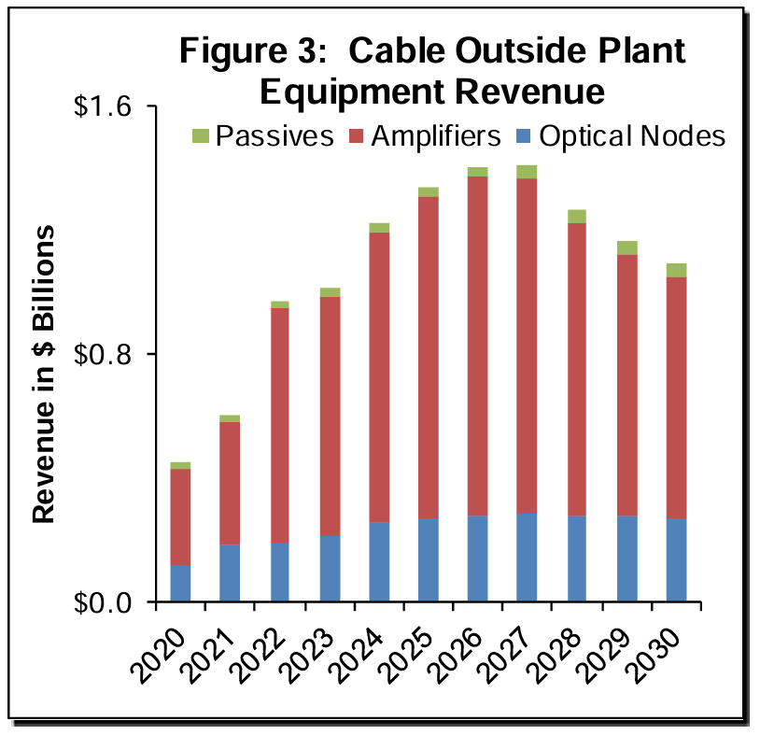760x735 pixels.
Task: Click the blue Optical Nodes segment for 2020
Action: [180, 583]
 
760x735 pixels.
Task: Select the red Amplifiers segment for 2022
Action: [280, 425]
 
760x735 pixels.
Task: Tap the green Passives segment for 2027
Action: [527, 172]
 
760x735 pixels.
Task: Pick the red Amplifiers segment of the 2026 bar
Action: [477, 346]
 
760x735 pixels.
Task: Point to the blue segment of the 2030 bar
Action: [676, 560]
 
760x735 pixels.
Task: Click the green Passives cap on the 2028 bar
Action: [577, 217]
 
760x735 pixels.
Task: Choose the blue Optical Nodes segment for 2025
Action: [429, 560]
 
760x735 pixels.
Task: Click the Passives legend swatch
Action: [201, 136]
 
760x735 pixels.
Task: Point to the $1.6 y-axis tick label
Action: [102, 106]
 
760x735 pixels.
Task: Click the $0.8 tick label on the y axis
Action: [102, 355]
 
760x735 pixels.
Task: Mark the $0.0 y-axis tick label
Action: [102, 603]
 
